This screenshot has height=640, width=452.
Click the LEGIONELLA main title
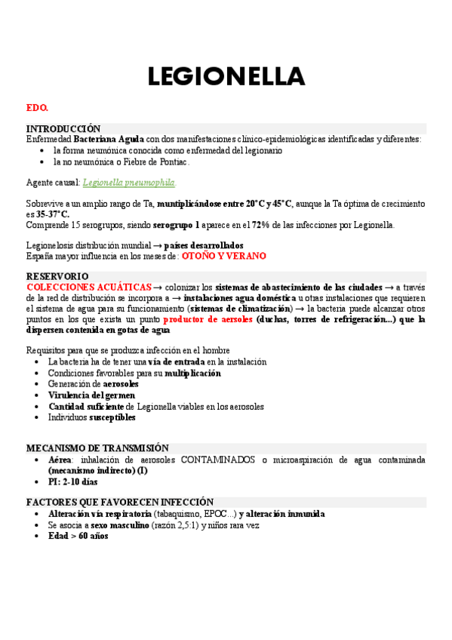pos(226,77)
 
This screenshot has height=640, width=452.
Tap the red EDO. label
pos(37,109)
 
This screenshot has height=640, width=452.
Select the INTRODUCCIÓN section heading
pos(63,129)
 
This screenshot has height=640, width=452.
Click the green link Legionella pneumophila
pos(129,183)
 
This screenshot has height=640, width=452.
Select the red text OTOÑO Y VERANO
pos(224,257)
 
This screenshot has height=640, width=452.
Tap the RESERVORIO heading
pos(57,277)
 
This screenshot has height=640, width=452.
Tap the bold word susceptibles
pos(112,417)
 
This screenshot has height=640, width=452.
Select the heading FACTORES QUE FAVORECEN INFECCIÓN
pos(120,502)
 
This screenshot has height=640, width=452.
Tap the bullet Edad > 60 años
pos(78,536)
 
